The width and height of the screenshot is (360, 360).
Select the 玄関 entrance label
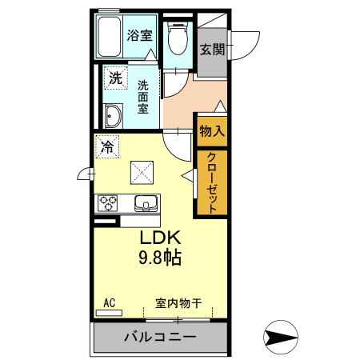(x=212, y=50)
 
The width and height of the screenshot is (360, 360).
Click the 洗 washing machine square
(x=116, y=78)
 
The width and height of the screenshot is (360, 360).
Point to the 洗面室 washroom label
(x=143, y=96)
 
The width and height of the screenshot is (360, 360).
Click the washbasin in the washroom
(x=112, y=118)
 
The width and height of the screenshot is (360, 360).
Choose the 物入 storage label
(x=212, y=130)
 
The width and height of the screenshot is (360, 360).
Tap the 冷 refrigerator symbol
(x=107, y=147)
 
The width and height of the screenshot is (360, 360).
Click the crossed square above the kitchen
(x=144, y=170)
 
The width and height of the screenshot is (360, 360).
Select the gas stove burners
(x=108, y=203)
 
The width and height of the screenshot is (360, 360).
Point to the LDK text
(x=163, y=238)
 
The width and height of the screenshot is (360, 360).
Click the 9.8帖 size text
(x=163, y=258)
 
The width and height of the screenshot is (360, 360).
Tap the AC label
(x=110, y=302)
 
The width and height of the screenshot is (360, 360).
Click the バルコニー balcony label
(x=159, y=338)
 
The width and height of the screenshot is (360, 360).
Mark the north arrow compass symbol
(x=280, y=337)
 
